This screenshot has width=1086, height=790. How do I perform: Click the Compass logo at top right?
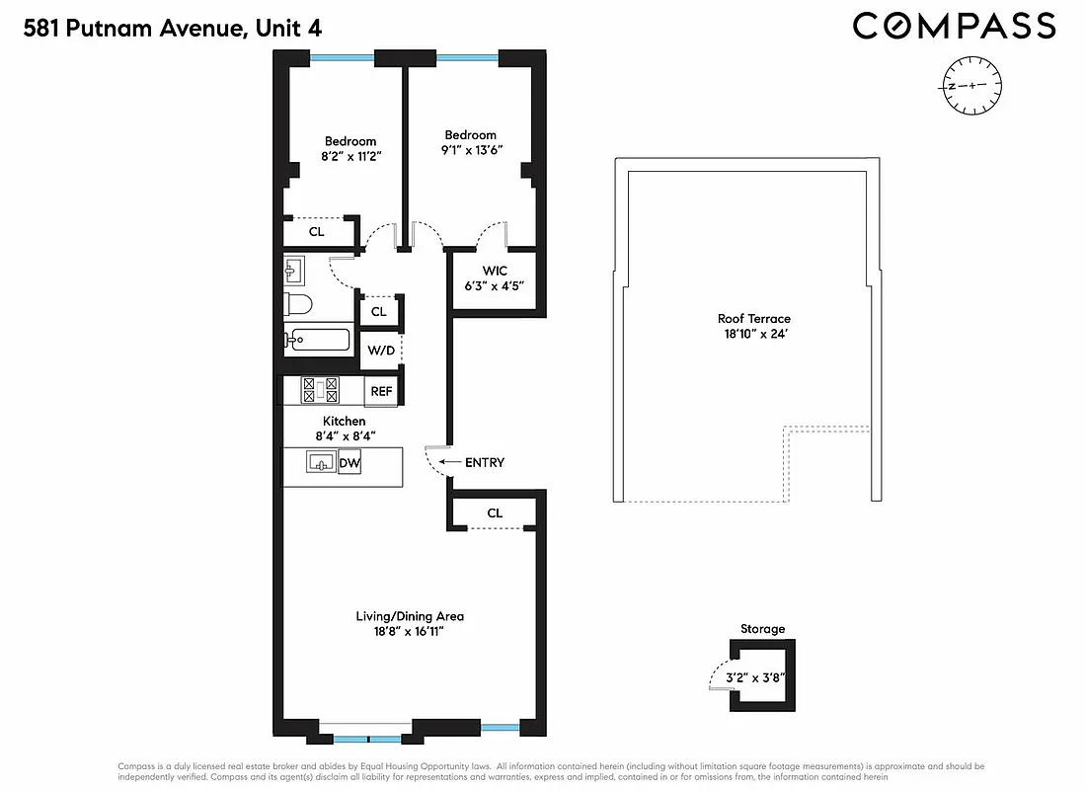pos(954,26)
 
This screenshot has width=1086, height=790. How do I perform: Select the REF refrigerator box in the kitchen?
pos(381,391)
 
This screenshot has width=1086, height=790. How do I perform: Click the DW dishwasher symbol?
pos(349,462)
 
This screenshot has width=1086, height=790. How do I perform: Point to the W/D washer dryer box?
pos(380,351)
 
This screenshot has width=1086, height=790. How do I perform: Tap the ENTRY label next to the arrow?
pos(484,462)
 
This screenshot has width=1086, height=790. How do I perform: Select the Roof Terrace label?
pos(753,319)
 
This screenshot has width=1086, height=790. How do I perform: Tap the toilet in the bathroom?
pos(298,304)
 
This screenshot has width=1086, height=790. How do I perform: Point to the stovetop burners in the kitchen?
pos(320,390)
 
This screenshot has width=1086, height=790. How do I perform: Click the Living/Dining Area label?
pos(410,616)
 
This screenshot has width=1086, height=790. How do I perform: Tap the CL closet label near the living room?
pos(495,513)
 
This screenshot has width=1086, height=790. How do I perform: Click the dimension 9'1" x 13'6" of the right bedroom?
pos(470,151)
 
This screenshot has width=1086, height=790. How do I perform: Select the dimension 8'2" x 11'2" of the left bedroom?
pos(350,156)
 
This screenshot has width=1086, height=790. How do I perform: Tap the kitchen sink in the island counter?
pos(320,462)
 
